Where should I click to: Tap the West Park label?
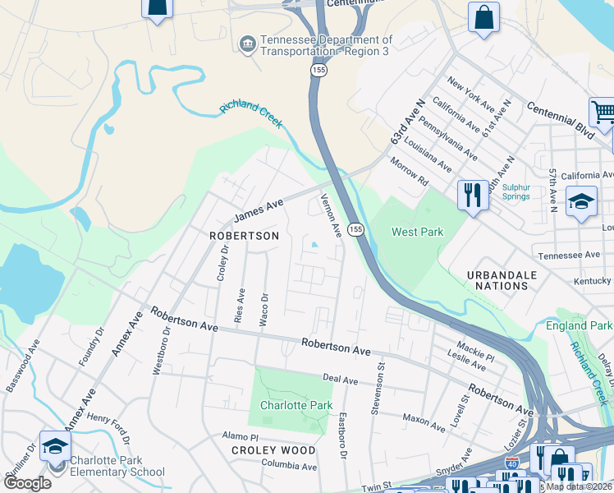417,232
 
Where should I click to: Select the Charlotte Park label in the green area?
296,405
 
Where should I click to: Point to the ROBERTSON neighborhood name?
244,236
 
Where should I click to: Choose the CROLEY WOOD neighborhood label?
273,450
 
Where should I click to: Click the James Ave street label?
258,210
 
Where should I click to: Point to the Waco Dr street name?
264,310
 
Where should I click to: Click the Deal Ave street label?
340,379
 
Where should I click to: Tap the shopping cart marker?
603,112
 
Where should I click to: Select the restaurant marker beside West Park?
472,196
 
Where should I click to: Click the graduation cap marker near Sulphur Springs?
580,202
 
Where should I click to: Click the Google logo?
27,483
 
